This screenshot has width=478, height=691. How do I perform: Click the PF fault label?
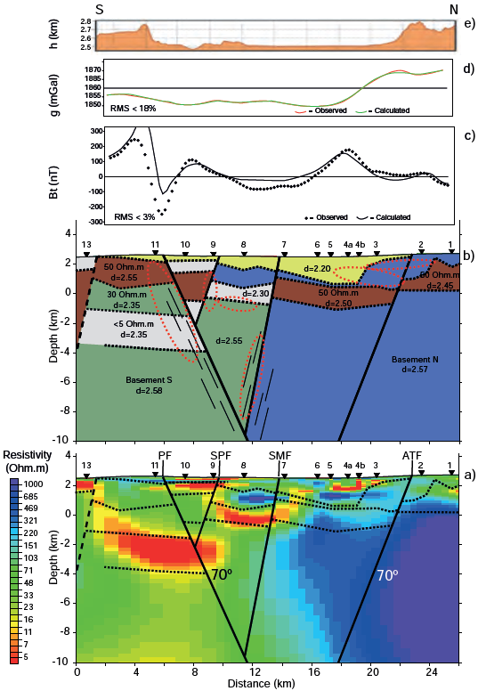pos(165,455)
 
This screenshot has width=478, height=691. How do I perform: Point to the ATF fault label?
pos(411,455)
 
